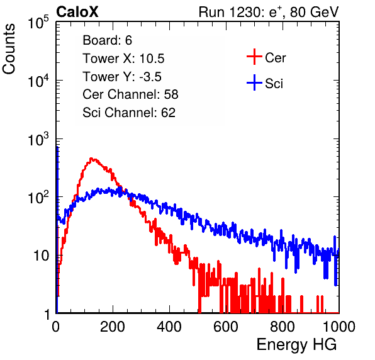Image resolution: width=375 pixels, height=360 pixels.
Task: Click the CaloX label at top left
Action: (x=77, y=12)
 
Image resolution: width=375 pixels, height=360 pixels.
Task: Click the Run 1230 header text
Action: (x=269, y=12)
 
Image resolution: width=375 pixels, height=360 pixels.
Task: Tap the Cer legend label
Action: (x=275, y=58)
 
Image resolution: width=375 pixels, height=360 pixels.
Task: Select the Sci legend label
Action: (x=274, y=84)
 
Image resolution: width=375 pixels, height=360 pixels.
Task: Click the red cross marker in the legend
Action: (x=254, y=57)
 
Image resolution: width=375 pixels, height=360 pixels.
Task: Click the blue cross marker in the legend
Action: (x=254, y=82)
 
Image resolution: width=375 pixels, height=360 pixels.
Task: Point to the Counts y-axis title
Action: (x=9, y=49)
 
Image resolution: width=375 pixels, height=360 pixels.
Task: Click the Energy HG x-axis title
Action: (x=296, y=345)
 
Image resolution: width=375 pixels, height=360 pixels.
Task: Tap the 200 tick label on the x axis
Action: (x=113, y=327)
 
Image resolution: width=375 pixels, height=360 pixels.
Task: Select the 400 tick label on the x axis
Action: (x=169, y=327)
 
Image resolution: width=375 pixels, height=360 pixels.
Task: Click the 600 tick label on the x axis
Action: (x=226, y=327)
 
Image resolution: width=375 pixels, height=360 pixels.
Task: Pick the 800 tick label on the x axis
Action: (x=283, y=327)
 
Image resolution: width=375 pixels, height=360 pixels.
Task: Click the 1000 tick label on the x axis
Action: (x=339, y=327)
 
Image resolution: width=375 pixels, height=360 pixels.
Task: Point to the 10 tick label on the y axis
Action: (x=41, y=256)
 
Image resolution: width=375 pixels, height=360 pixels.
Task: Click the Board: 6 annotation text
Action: (x=107, y=40)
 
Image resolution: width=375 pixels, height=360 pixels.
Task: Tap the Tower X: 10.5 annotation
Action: (x=123, y=59)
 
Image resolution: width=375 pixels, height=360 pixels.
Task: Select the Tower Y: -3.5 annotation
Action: (x=122, y=77)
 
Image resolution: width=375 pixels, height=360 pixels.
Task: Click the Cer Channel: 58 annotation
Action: (x=130, y=94)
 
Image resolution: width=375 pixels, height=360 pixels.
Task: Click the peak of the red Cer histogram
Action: (x=91, y=159)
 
